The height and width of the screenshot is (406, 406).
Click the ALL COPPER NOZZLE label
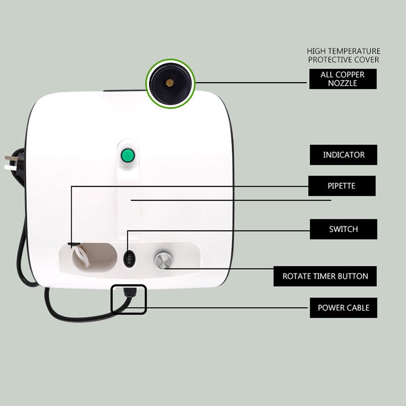(343, 79)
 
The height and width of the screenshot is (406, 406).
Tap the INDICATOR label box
(344, 155)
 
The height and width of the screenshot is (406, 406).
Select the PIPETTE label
(341, 186)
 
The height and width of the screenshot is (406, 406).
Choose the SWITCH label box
(344, 229)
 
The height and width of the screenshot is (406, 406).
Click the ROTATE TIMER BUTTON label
(325, 277)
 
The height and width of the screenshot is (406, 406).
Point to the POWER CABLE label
(344, 308)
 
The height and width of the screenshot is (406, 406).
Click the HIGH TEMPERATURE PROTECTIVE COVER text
(344, 55)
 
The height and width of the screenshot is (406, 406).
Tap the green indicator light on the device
(127, 155)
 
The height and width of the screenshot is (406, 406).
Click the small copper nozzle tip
(170, 81)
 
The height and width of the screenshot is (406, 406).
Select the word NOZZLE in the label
(343, 83)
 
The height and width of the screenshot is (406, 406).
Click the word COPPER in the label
(350, 75)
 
